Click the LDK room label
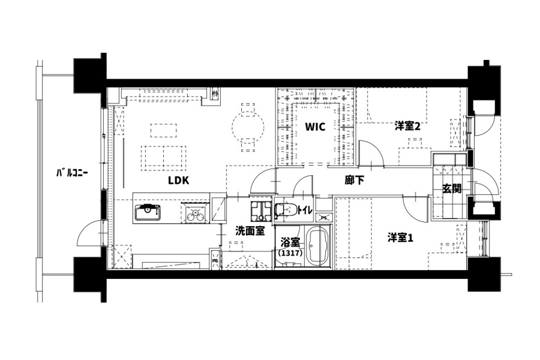pyautogui.click(x=179, y=180)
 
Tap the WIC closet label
pyautogui.click(x=315, y=127)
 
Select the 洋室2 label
pyautogui.click(x=407, y=127)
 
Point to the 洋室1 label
pyautogui.click(x=400, y=238)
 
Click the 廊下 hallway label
pyautogui.click(x=355, y=180)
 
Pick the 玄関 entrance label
pyautogui.click(x=451, y=189)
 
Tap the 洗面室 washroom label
pyautogui.click(x=250, y=231)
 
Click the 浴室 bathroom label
pyautogui.click(x=290, y=242)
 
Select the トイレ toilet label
pyautogui.click(x=305, y=210)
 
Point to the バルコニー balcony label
pyautogui.click(x=72, y=173)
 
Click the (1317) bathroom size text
pyautogui.click(x=290, y=253)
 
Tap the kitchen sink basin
pyautogui.click(x=148, y=212)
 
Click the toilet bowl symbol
pyautogui.click(x=286, y=210)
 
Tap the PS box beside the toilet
pyautogui.click(x=324, y=217)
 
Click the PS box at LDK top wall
pyautogui.click(x=215, y=94)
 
